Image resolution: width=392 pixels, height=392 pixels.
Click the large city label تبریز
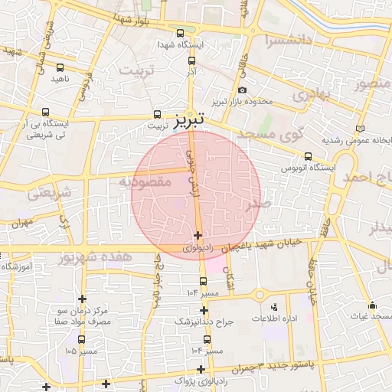[187, 121]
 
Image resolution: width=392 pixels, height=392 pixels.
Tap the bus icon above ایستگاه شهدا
[180, 34]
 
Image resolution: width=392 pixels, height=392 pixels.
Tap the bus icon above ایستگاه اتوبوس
[309, 155]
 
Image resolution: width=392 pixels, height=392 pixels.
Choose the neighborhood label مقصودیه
[145, 181]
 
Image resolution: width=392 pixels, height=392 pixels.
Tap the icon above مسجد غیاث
[372, 305]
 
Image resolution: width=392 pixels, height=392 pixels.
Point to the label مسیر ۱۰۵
[81, 351]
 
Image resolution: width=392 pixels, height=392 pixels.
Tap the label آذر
[191, 70]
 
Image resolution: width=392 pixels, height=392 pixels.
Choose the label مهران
[24, 223]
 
